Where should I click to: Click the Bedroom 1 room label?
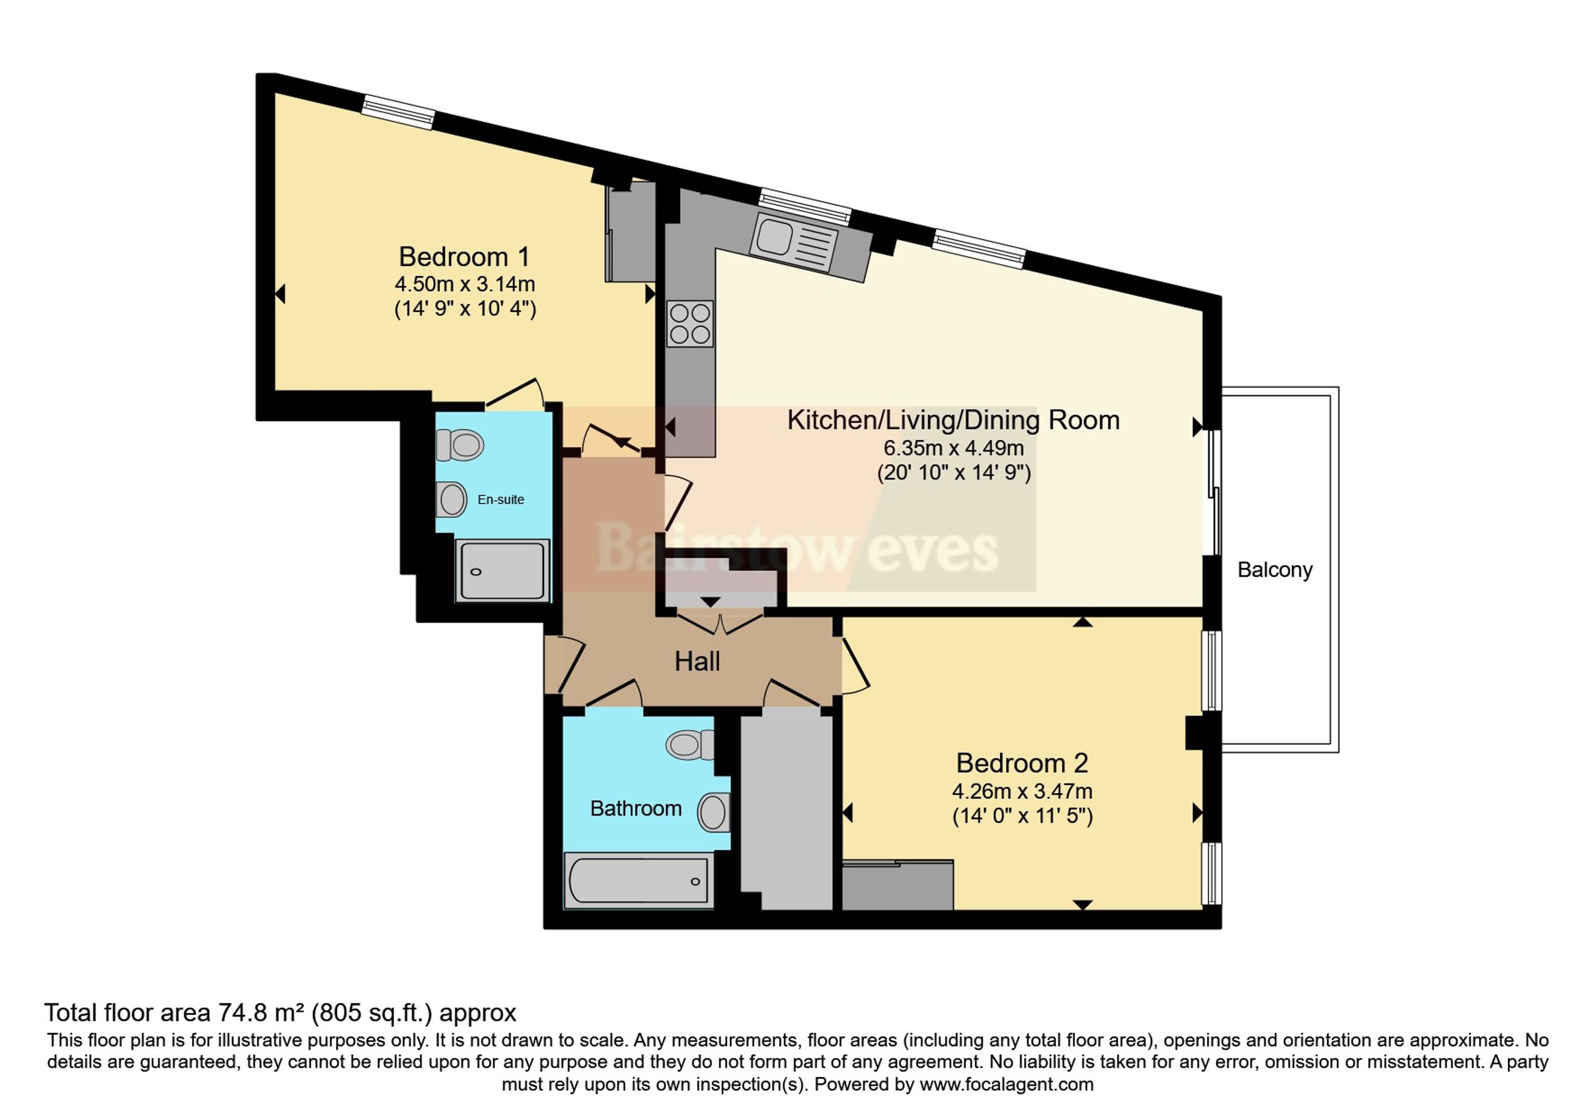(464, 257)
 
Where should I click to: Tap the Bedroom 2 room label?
(1022, 763)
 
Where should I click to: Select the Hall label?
(697, 661)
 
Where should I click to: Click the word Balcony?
(1275, 570)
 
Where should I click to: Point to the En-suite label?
(501, 499)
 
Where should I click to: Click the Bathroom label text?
(636, 808)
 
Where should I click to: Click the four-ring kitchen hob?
(690, 323)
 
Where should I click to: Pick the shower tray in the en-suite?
(502, 570)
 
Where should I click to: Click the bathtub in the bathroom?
(639, 880)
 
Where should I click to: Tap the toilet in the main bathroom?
(690, 745)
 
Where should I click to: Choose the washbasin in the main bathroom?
(714, 812)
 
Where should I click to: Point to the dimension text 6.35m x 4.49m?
(953, 448)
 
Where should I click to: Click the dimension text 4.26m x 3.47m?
(1022, 791)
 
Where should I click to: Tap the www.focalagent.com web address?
(1007, 1084)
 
